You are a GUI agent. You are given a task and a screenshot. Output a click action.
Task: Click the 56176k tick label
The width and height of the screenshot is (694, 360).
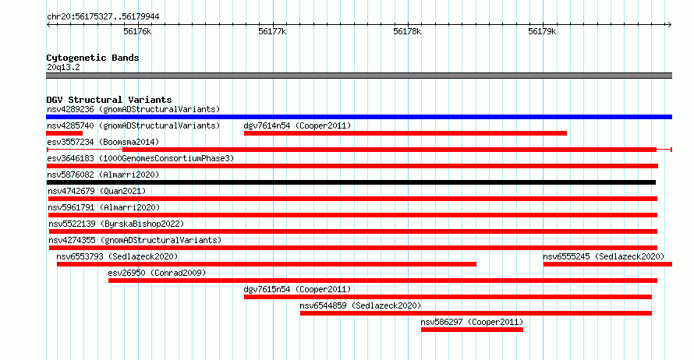(137, 32)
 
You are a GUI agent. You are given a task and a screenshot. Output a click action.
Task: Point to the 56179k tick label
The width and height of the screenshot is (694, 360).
(542, 32)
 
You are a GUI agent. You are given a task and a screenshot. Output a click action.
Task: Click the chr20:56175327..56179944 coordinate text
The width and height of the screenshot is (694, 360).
(103, 17)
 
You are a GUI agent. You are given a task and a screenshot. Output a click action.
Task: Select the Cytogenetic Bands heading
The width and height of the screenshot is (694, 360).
(93, 58)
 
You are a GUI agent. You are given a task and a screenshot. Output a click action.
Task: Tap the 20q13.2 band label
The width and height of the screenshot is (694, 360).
(63, 67)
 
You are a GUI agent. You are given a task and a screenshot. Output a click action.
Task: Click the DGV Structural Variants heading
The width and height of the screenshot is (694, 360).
(109, 100)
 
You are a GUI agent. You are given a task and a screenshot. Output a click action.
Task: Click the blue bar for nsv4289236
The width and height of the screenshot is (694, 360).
(359, 117)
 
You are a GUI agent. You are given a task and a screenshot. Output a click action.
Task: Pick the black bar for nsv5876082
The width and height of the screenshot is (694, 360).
(351, 182)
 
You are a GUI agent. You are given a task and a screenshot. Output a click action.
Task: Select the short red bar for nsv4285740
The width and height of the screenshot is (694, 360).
(64, 133)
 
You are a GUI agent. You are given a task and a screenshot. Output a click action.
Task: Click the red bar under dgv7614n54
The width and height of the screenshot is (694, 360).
(405, 133)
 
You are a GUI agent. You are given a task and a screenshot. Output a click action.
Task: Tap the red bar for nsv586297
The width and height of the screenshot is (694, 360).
(472, 330)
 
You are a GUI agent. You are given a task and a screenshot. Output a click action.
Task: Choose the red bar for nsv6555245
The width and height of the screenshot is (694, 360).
(607, 264)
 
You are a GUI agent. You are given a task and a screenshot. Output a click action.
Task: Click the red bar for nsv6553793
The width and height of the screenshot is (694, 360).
(267, 264)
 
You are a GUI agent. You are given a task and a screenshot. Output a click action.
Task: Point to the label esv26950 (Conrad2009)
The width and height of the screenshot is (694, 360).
(157, 273)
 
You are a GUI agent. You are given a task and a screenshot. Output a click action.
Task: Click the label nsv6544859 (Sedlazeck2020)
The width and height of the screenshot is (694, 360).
(360, 305)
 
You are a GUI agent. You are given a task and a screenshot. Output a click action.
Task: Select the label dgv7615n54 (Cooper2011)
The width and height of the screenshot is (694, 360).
(297, 289)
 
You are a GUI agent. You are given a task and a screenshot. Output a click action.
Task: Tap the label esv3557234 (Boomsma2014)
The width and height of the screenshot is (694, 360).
(103, 142)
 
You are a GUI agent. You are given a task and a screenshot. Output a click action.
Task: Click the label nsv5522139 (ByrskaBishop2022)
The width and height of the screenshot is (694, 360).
(116, 224)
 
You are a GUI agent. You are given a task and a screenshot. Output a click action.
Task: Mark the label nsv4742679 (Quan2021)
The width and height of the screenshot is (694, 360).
(97, 191)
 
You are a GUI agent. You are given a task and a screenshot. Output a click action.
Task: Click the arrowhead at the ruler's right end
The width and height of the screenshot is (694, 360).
(670, 25)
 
